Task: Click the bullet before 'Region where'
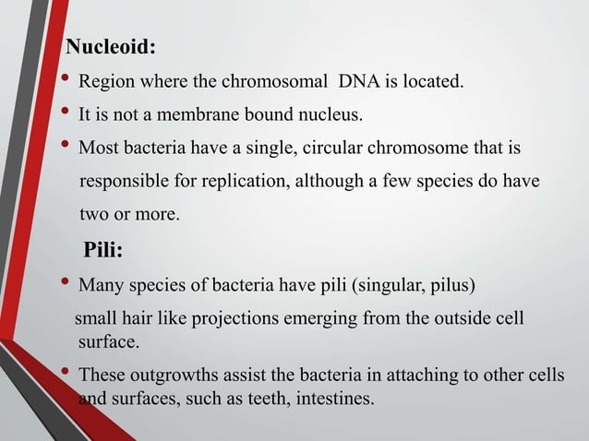click(x=66, y=82)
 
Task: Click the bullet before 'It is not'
click(x=66, y=114)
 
